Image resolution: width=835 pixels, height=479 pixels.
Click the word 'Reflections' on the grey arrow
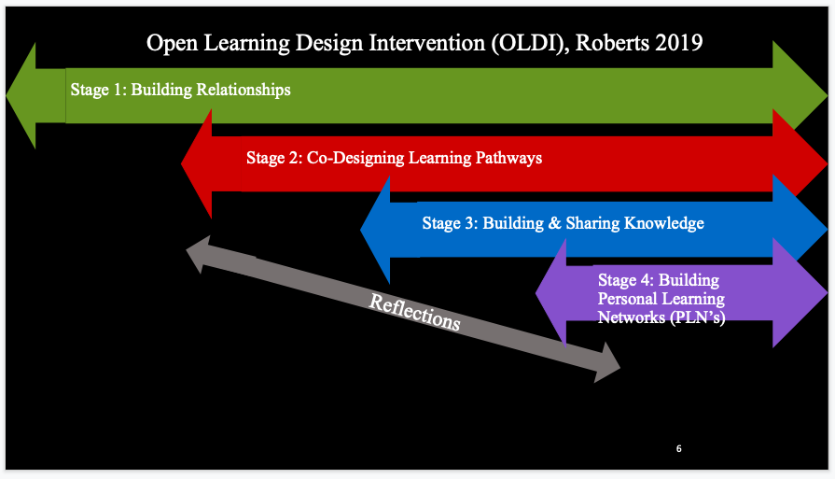click(414, 312)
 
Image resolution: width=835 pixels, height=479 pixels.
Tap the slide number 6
click(679, 448)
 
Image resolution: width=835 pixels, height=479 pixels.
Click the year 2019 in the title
click(679, 43)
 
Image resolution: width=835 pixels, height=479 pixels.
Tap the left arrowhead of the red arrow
click(197, 163)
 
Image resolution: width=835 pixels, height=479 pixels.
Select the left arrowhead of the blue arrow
click(375, 230)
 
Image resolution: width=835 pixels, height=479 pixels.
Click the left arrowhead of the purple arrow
click(550, 292)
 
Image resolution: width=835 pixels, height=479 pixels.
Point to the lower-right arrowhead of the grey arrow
click(607, 362)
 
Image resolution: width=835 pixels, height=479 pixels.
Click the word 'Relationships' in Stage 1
click(244, 90)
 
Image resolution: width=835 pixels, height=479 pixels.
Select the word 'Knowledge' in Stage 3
click(664, 223)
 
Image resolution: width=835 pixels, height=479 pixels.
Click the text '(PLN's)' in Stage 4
click(698, 317)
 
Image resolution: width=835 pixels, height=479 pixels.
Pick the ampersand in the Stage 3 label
click(554, 223)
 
